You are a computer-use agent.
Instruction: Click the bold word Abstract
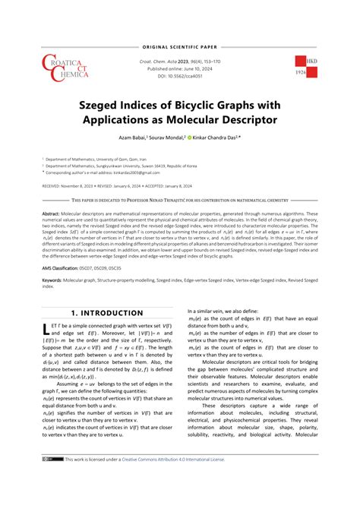[51, 215]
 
